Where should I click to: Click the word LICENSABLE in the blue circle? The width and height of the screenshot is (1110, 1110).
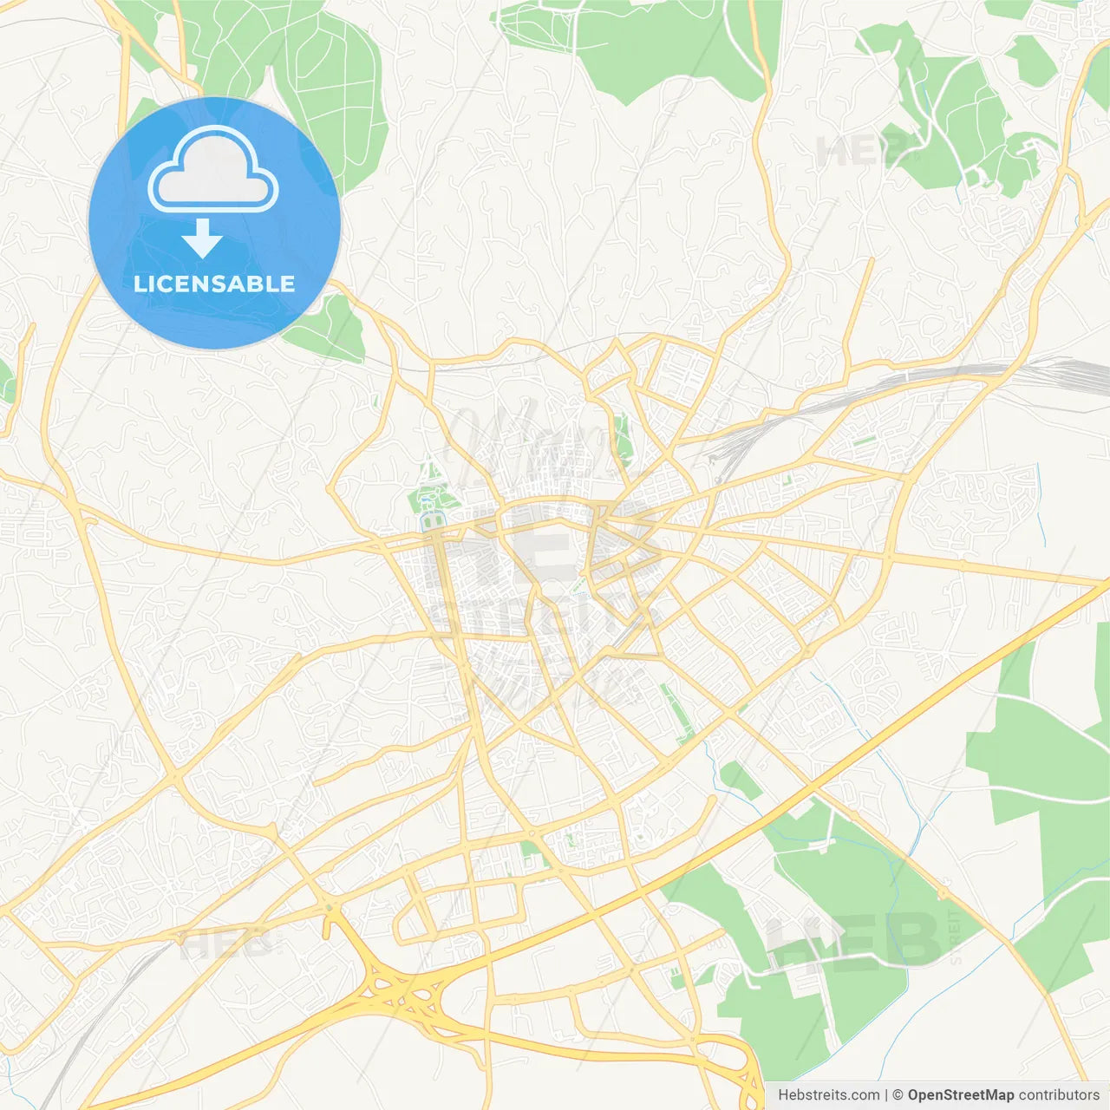tap(214, 284)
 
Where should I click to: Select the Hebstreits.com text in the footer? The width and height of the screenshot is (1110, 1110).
tap(828, 1095)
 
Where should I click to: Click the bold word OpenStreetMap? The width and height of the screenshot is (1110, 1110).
tap(960, 1095)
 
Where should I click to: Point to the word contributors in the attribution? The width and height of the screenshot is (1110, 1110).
tap(1059, 1095)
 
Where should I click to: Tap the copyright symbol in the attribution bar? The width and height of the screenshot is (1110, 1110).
tap(898, 1095)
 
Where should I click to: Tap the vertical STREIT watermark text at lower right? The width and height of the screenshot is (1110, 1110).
tap(956, 937)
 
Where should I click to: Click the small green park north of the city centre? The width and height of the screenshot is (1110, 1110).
tap(622, 438)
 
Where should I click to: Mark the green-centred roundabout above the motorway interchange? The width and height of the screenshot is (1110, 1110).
tap(329, 908)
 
